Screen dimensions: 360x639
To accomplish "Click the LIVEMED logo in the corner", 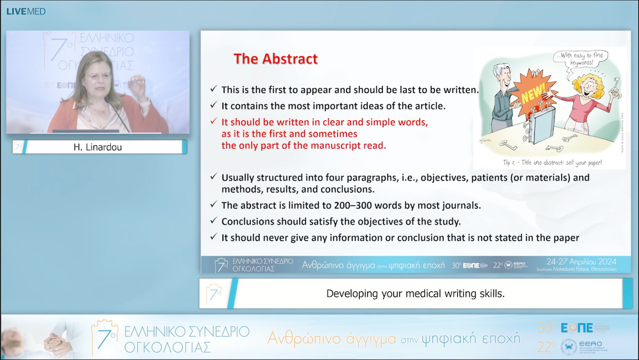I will (x=25, y=11).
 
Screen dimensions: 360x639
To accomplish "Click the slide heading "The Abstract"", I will (x=275, y=59).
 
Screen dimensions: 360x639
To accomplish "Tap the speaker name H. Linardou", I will (x=98, y=147).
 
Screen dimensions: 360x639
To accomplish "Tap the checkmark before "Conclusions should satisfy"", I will (x=213, y=221).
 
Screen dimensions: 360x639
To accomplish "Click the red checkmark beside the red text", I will (x=213, y=122).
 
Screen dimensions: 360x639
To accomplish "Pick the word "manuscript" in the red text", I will (x=302, y=145).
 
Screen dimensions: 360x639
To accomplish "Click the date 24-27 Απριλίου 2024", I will (x=582, y=262).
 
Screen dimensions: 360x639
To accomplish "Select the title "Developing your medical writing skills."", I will (x=415, y=294).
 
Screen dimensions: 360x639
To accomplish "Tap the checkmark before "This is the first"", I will (x=213, y=90).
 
